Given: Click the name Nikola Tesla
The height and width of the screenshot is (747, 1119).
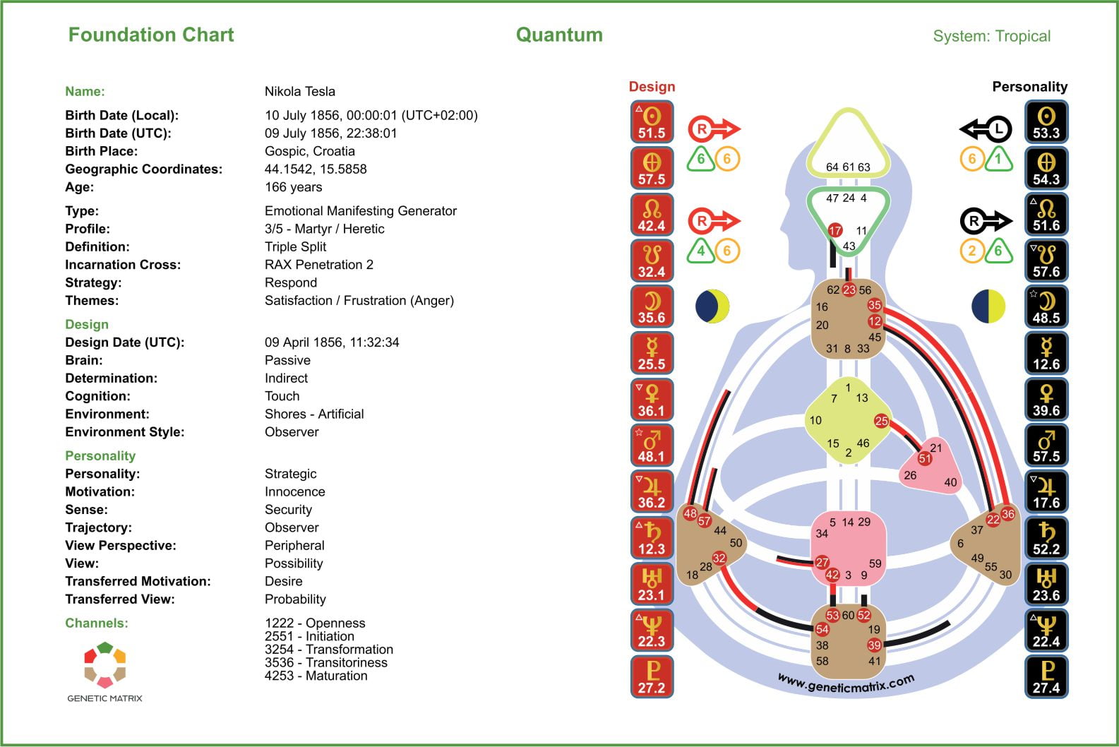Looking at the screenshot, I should click(x=299, y=91).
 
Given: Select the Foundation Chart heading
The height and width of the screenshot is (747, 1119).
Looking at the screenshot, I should click(x=150, y=35).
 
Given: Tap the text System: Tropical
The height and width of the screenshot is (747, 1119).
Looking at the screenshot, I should click(x=991, y=36).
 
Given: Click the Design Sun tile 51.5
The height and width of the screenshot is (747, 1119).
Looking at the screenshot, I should click(x=652, y=122).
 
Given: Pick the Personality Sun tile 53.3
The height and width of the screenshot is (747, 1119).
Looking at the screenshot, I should click(x=1046, y=122).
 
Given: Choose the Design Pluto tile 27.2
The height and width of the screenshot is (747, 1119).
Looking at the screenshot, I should click(x=652, y=677).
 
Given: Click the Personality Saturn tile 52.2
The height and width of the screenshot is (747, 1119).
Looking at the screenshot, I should click(x=1046, y=539).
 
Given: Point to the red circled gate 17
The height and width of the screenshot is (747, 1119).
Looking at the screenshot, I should click(x=835, y=230).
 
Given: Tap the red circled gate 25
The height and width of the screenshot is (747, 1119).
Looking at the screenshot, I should click(x=881, y=421).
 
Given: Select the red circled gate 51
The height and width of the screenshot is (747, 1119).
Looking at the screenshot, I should click(x=924, y=458).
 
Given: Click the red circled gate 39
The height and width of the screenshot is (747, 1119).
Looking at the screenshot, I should click(x=874, y=645).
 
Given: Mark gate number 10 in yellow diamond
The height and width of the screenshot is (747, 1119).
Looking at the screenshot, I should click(x=815, y=420).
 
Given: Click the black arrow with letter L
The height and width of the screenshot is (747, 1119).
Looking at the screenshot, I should click(x=986, y=129).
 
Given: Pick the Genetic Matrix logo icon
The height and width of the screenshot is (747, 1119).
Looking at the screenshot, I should click(x=104, y=664).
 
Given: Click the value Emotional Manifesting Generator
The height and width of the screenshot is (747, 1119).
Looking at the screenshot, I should click(x=360, y=210).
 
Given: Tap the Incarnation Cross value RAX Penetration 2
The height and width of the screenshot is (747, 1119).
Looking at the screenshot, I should click(x=318, y=265).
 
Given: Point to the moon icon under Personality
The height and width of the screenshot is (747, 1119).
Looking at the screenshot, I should click(x=988, y=306).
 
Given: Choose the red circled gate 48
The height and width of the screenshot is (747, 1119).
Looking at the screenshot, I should click(x=690, y=513).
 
